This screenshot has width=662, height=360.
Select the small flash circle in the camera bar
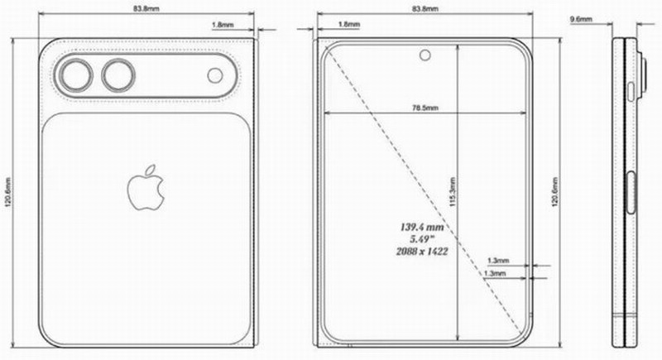point(215,76)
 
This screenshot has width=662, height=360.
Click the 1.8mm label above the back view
point(223,26)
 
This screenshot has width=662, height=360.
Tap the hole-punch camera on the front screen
point(426,56)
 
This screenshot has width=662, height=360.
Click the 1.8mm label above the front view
point(349,26)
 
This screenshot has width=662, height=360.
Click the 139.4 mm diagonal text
point(423,224)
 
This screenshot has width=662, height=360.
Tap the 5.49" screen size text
point(424,237)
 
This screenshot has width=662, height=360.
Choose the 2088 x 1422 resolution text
point(423,250)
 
